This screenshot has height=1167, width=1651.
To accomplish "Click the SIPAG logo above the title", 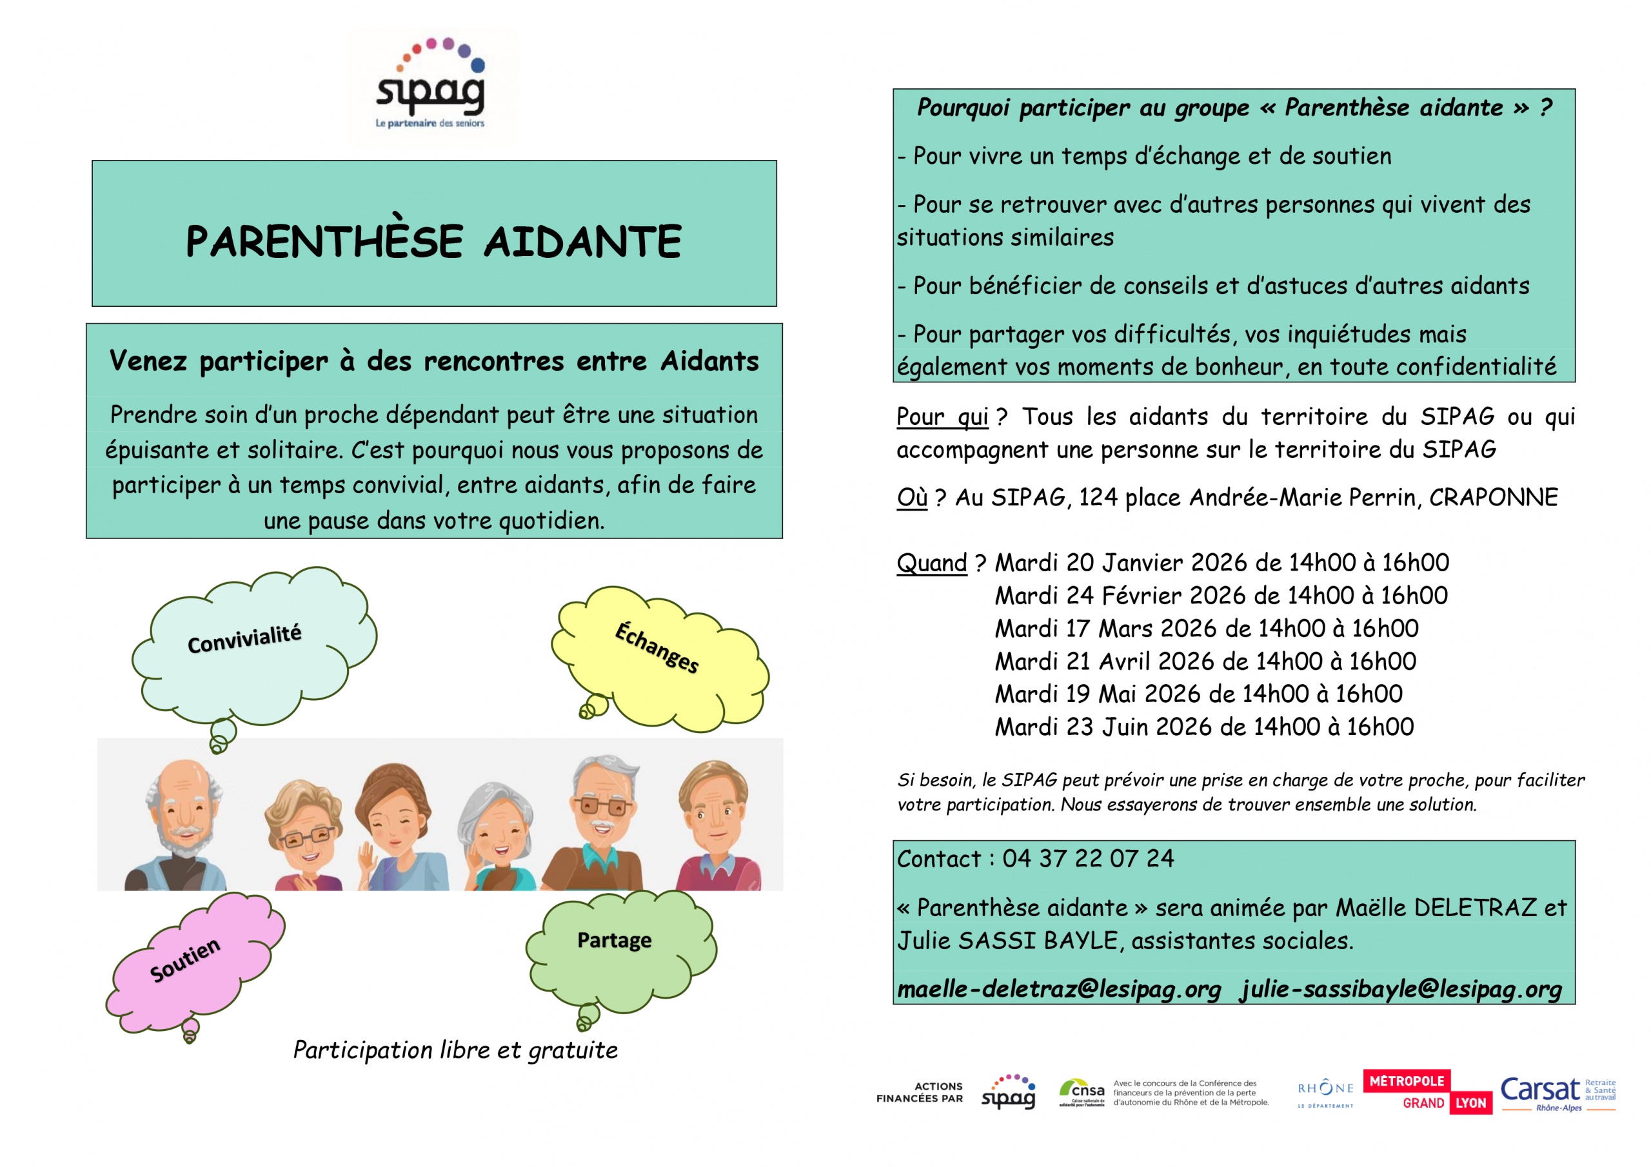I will point(431,86).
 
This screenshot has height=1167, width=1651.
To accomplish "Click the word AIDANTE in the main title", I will point(582,242).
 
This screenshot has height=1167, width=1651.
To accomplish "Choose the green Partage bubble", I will point(618,946).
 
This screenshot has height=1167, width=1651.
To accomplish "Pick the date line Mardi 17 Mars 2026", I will point(1206,629).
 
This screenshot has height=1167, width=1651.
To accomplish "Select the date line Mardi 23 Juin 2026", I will point(1203,727).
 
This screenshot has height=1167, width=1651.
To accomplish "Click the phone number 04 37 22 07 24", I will point(1088,859).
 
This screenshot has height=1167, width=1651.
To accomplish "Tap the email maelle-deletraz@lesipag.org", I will point(1059,990).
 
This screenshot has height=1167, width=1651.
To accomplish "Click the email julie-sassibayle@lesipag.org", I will point(1401,990).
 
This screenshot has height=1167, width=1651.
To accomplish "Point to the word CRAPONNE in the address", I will point(1493,498).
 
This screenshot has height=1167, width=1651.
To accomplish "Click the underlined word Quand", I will point(931,563).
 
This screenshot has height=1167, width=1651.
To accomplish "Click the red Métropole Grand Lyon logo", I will point(1427,1092).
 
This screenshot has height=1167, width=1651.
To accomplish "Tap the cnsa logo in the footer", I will point(1082,1092).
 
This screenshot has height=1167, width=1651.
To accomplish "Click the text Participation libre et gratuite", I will point(455,1050).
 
